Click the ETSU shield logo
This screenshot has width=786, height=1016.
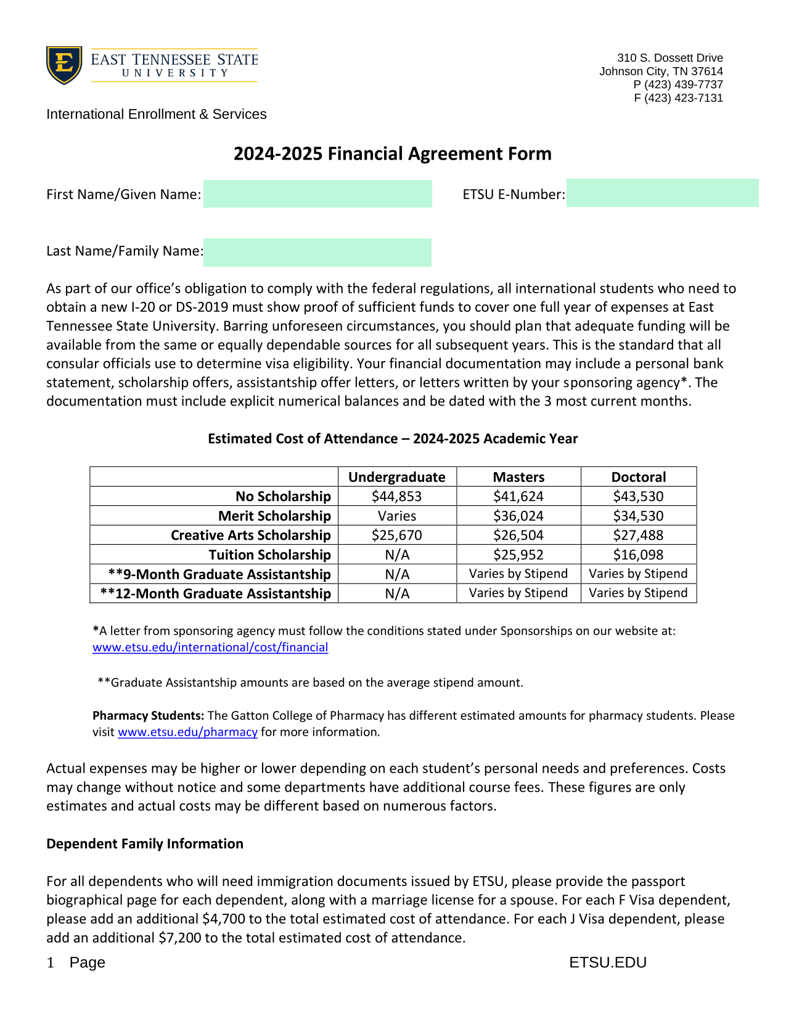(x=63, y=65)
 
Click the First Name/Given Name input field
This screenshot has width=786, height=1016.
(x=317, y=194)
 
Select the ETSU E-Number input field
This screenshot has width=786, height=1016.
(x=662, y=193)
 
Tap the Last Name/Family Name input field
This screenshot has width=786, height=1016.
(x=317, y=253)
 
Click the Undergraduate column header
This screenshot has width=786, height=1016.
(x=397, y=477)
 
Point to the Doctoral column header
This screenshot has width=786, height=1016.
(x=639, y=477)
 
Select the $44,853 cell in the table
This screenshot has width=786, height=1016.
(x=397, y=497)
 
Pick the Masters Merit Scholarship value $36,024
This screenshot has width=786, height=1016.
(x=518, y=516)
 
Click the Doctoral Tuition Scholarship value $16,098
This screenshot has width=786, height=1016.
(x=639, y=555)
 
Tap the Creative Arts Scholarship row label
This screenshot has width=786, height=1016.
(x=251, y=535)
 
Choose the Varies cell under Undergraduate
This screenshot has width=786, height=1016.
(x=397, y=516)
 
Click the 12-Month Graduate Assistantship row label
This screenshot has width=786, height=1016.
(x=216, y=593)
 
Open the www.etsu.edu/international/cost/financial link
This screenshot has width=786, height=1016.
(x=210, y=648)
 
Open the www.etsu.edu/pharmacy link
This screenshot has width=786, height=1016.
(x=187, y=732)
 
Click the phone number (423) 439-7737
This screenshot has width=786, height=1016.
(x=684, y=84)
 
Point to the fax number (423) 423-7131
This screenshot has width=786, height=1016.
(x=684, y=98)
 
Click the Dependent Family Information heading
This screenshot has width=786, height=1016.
(x=145, y=844)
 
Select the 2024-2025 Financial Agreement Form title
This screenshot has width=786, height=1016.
(x=392, y=153)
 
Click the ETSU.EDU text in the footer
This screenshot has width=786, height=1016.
(x=608, y=962)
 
